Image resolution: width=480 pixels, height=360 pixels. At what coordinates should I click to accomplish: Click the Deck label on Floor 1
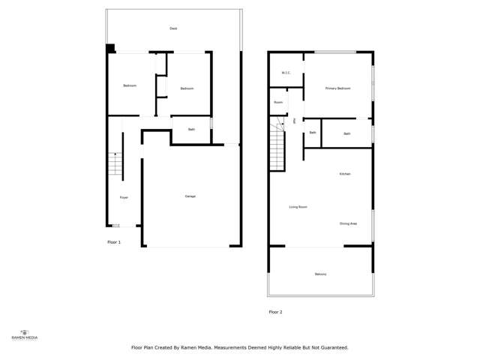click(173, 28)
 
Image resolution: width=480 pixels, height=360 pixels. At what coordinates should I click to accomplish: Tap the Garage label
click(190, 196)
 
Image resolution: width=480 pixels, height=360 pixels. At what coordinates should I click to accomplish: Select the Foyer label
click(124, 197)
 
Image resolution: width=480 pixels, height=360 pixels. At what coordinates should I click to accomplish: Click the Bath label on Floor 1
click(191, 130)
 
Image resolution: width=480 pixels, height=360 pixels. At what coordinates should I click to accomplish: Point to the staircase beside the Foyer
click(115, 163)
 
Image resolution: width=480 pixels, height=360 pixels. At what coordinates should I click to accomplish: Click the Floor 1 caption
click(114, 242)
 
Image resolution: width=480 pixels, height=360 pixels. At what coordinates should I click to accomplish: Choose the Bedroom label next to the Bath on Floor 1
click(187, 88)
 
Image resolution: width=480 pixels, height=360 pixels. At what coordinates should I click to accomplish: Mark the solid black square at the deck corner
click(110, 49)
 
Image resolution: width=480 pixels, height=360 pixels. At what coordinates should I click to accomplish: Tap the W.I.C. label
click(286, 73)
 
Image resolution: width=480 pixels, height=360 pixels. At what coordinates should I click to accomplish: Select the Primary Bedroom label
click(337, 88)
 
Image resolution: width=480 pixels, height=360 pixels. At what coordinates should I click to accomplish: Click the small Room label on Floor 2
click(278, 102)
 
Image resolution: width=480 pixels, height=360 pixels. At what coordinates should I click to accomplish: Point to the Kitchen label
click(345, 174)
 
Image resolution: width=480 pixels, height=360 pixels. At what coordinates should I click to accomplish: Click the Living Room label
click(298, 207)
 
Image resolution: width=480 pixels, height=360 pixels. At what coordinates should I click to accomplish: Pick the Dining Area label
click(348, 223)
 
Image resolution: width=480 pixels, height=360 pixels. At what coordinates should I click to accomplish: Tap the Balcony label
click(320, 274)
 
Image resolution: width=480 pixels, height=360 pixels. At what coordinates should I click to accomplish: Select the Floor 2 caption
click(275, 312)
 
